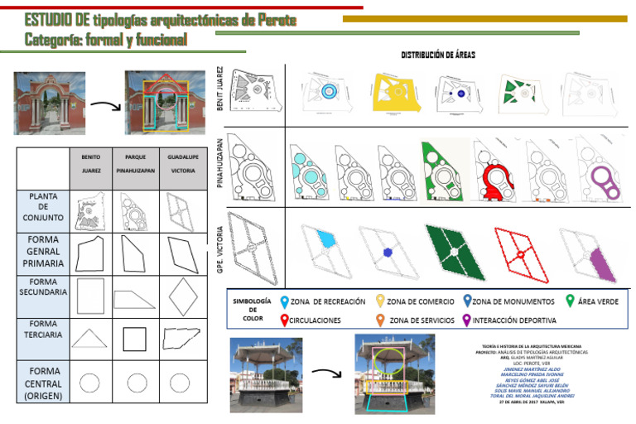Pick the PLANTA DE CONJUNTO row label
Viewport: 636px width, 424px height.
click(x=43, y=207)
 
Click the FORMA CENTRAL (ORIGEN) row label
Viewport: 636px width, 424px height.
click(x=43, y=383)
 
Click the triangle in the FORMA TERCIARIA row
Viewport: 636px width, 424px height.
click(x=90, y=338)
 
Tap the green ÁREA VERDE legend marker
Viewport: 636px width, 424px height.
click(x=570, y=301)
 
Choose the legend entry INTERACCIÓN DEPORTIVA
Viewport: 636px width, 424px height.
click(x=513, y=320)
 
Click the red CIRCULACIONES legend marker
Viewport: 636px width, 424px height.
click(x=285, y=320)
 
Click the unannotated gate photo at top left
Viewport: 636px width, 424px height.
click(x=50, y=103)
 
